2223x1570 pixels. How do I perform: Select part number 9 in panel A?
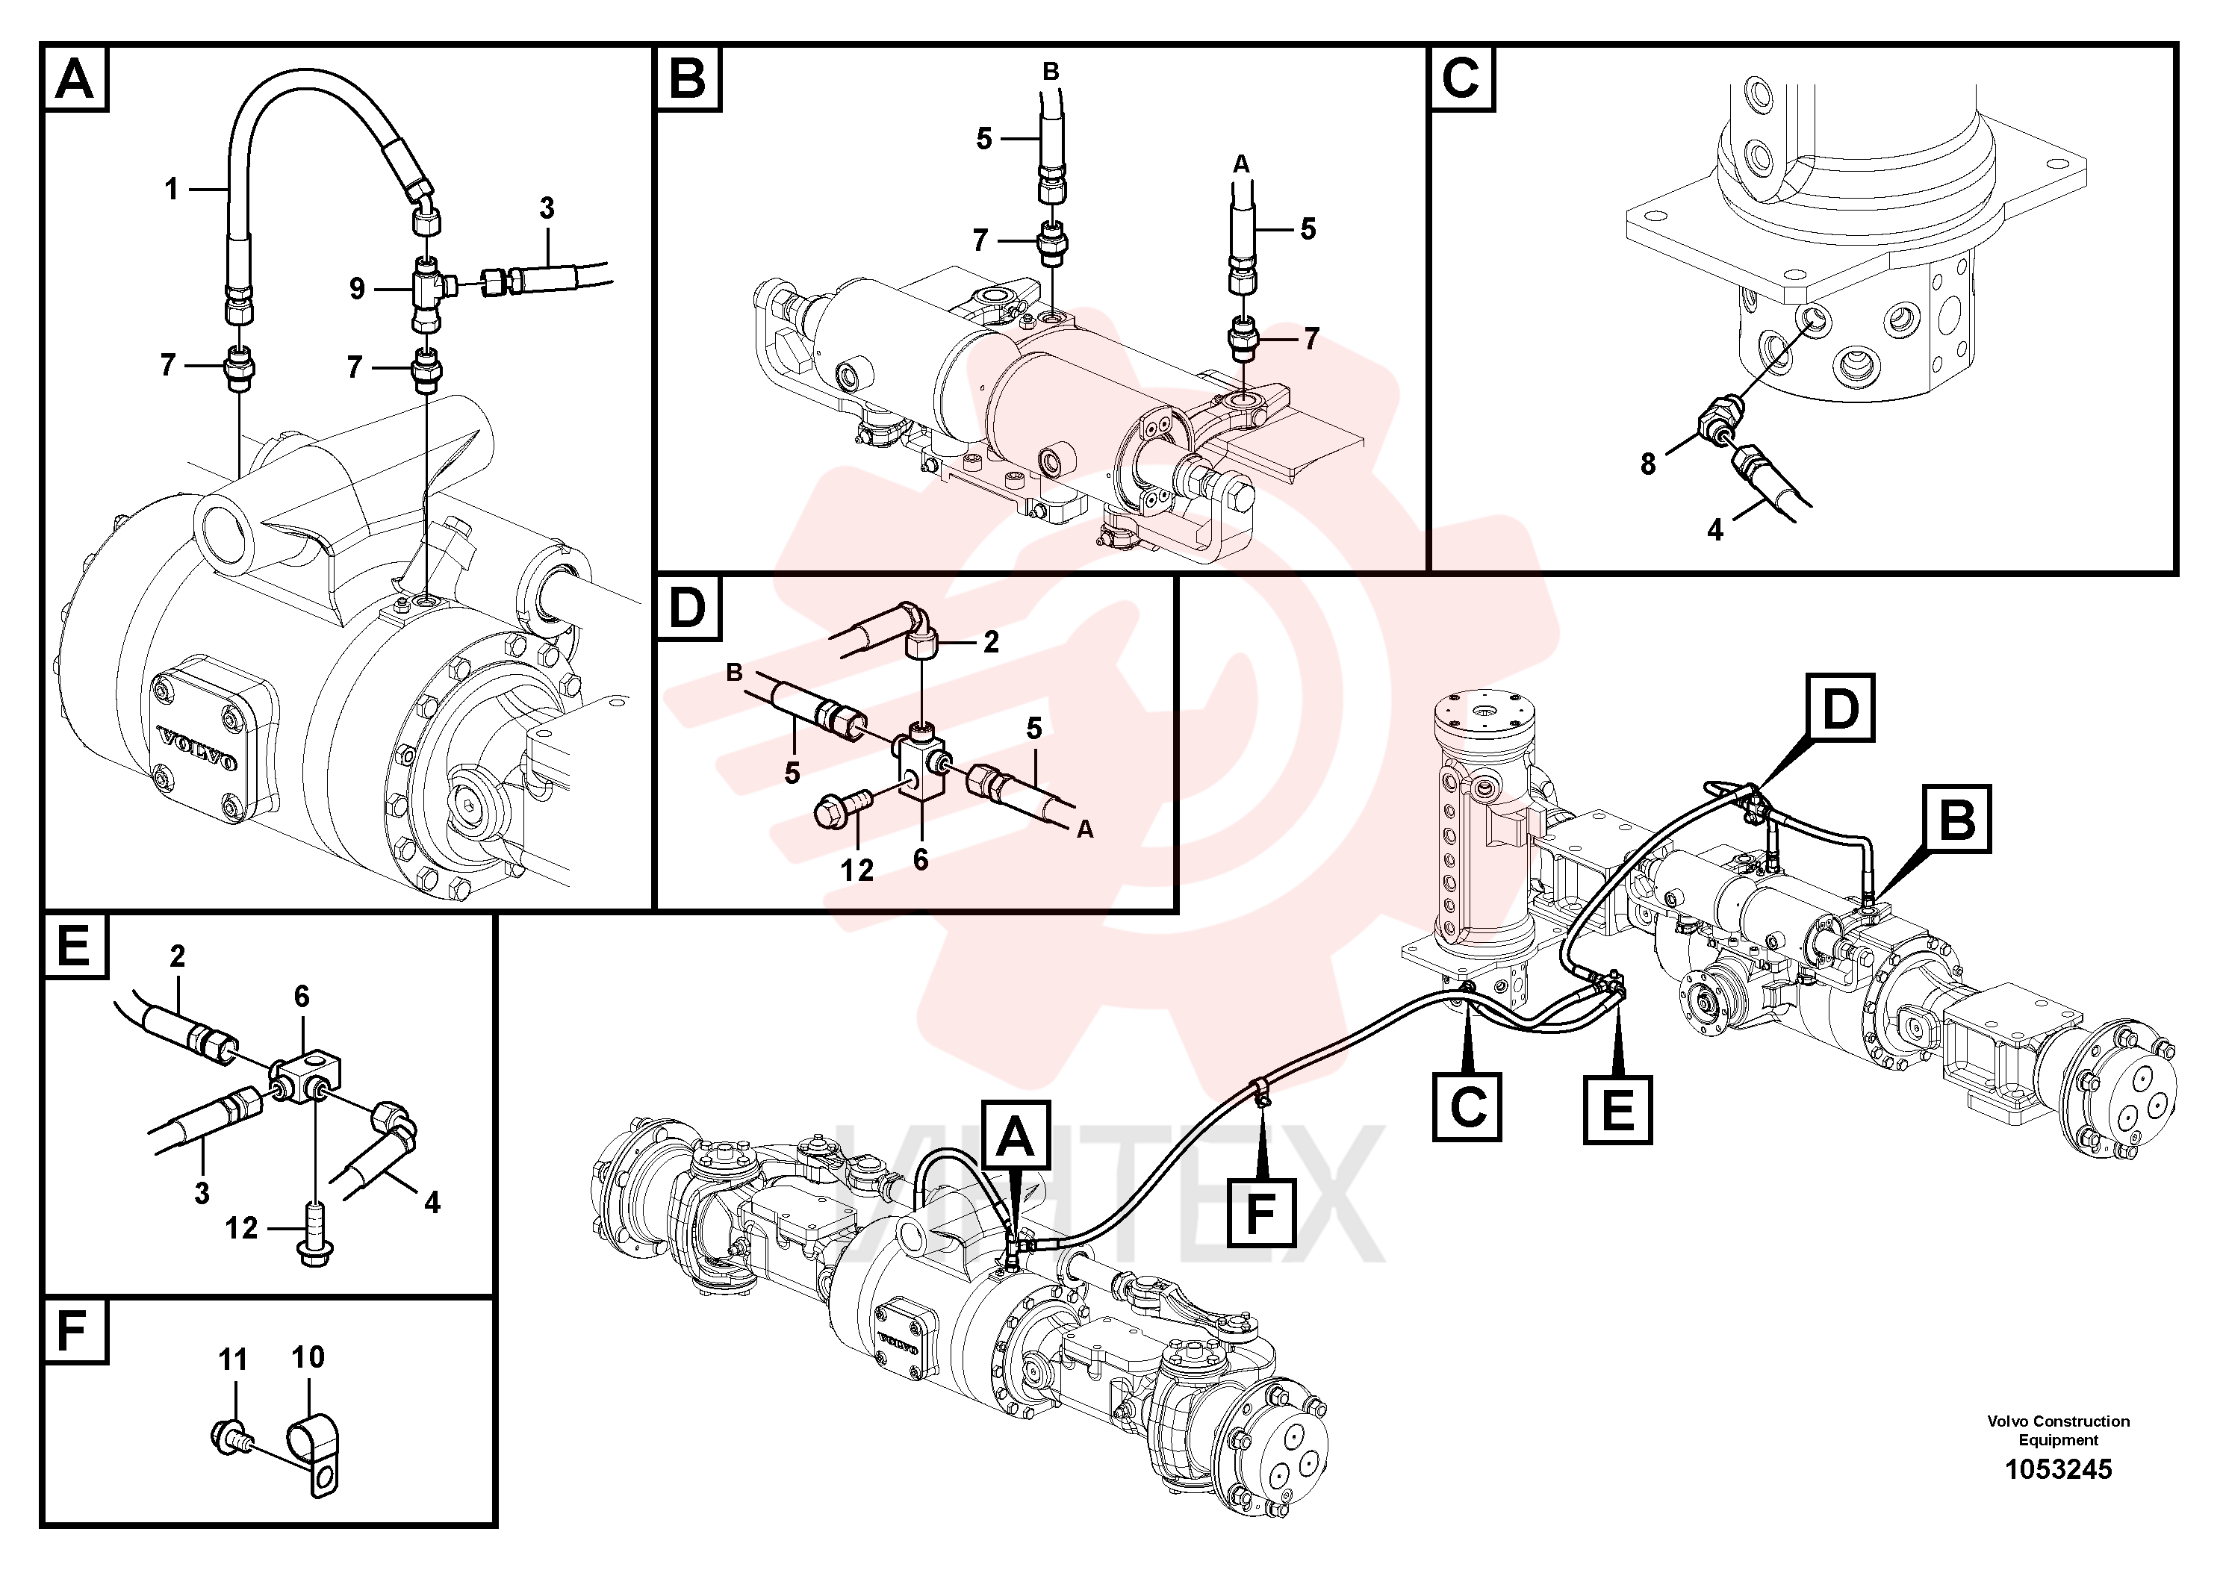pyautogui.click(x=357, y=288)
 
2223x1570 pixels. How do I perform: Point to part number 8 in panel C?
pyautogui.click(x=1648, y=464)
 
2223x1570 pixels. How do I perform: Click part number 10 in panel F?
pyautogui.click(x=308, y=1357)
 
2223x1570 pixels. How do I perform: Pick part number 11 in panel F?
pyautogui.click(x=232, y=1360)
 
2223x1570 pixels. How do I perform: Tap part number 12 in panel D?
pyautogui.click(x=856, y=870)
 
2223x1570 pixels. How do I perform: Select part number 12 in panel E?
pyautogui.click(x=241, y=1228)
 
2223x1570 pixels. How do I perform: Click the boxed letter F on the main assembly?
pyautogui.click(x=1260, y=1212)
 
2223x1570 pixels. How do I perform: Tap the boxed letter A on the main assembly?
pyautogui.click(x=1016, y=1135)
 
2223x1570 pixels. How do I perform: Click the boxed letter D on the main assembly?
pyautogui.click(x=1840, y=708)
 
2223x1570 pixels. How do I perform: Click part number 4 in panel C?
pyautogui.click(x=1714, y=529)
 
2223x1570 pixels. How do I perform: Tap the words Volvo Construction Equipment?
pyautogui.click(x=2059, y=1430)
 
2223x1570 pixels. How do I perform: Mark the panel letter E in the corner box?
pyautogui.click(x=75, y=947)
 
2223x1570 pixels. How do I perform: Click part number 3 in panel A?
pyautogui.click(x=547, y=207)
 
